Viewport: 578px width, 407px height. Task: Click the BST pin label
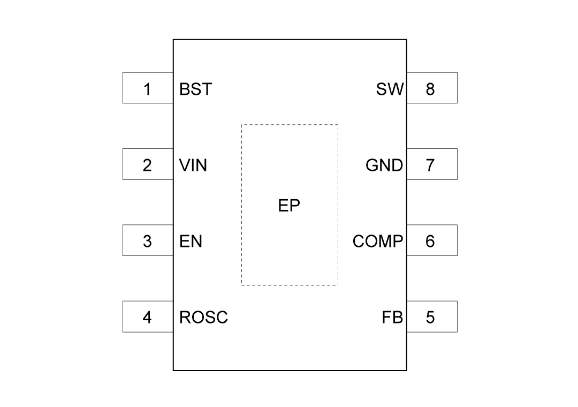point(196,89)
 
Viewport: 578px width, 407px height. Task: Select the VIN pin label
point(193,165)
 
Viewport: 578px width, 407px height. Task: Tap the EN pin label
point(191,242)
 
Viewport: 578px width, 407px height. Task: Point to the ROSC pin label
point(203,318)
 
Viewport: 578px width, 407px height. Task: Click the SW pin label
point(390,89)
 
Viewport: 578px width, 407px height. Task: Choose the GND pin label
point(384,165)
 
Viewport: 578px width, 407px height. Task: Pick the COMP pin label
point(377,242)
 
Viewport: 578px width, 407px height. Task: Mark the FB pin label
point(392,318)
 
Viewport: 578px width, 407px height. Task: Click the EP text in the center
point(289,206)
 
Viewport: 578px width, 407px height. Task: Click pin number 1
point(147,89)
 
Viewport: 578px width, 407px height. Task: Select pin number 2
point(147,165)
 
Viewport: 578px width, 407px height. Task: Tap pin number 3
point(147,242)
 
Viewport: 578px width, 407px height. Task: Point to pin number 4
point(147,318)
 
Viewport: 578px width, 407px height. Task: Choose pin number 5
point(430,318)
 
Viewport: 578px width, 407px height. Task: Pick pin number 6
point(430,242)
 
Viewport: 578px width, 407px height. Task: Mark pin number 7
point(430,165)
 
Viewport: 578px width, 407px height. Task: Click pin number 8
point(430,89)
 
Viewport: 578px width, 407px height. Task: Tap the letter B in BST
point(185,89)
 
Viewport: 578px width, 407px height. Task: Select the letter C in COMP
point(358,242)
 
